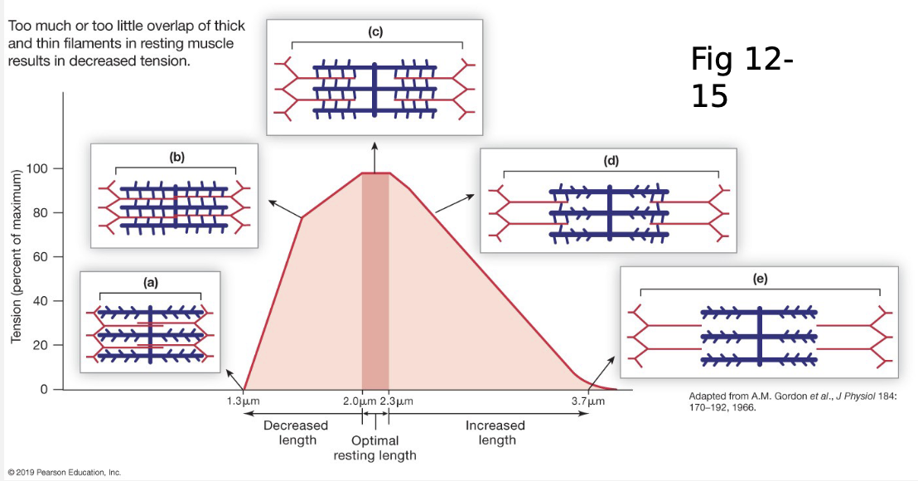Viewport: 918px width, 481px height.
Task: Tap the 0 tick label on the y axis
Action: [x=46, y=389]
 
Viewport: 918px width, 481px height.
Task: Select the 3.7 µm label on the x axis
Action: [x=588, y=402]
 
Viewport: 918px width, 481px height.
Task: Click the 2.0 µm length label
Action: [x=359, y=402]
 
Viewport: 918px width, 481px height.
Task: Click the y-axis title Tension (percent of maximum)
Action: [x=15, y=256]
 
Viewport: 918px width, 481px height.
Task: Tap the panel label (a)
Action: [x=150, y=282]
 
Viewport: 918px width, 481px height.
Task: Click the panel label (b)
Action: [x=176, y=155]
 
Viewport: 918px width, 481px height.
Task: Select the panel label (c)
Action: [x=375, y=32]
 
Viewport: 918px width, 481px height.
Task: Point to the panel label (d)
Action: [x=611, y=160]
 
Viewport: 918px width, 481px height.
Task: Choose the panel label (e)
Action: [x=760, y=279]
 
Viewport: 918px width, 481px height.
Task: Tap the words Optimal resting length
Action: [x=374, y=448]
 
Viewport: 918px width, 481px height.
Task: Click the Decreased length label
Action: [x=296, y=432]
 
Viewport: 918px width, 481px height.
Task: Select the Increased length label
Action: [x=495, y=432]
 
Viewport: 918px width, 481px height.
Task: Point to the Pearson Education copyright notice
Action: [x=63, y=473]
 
